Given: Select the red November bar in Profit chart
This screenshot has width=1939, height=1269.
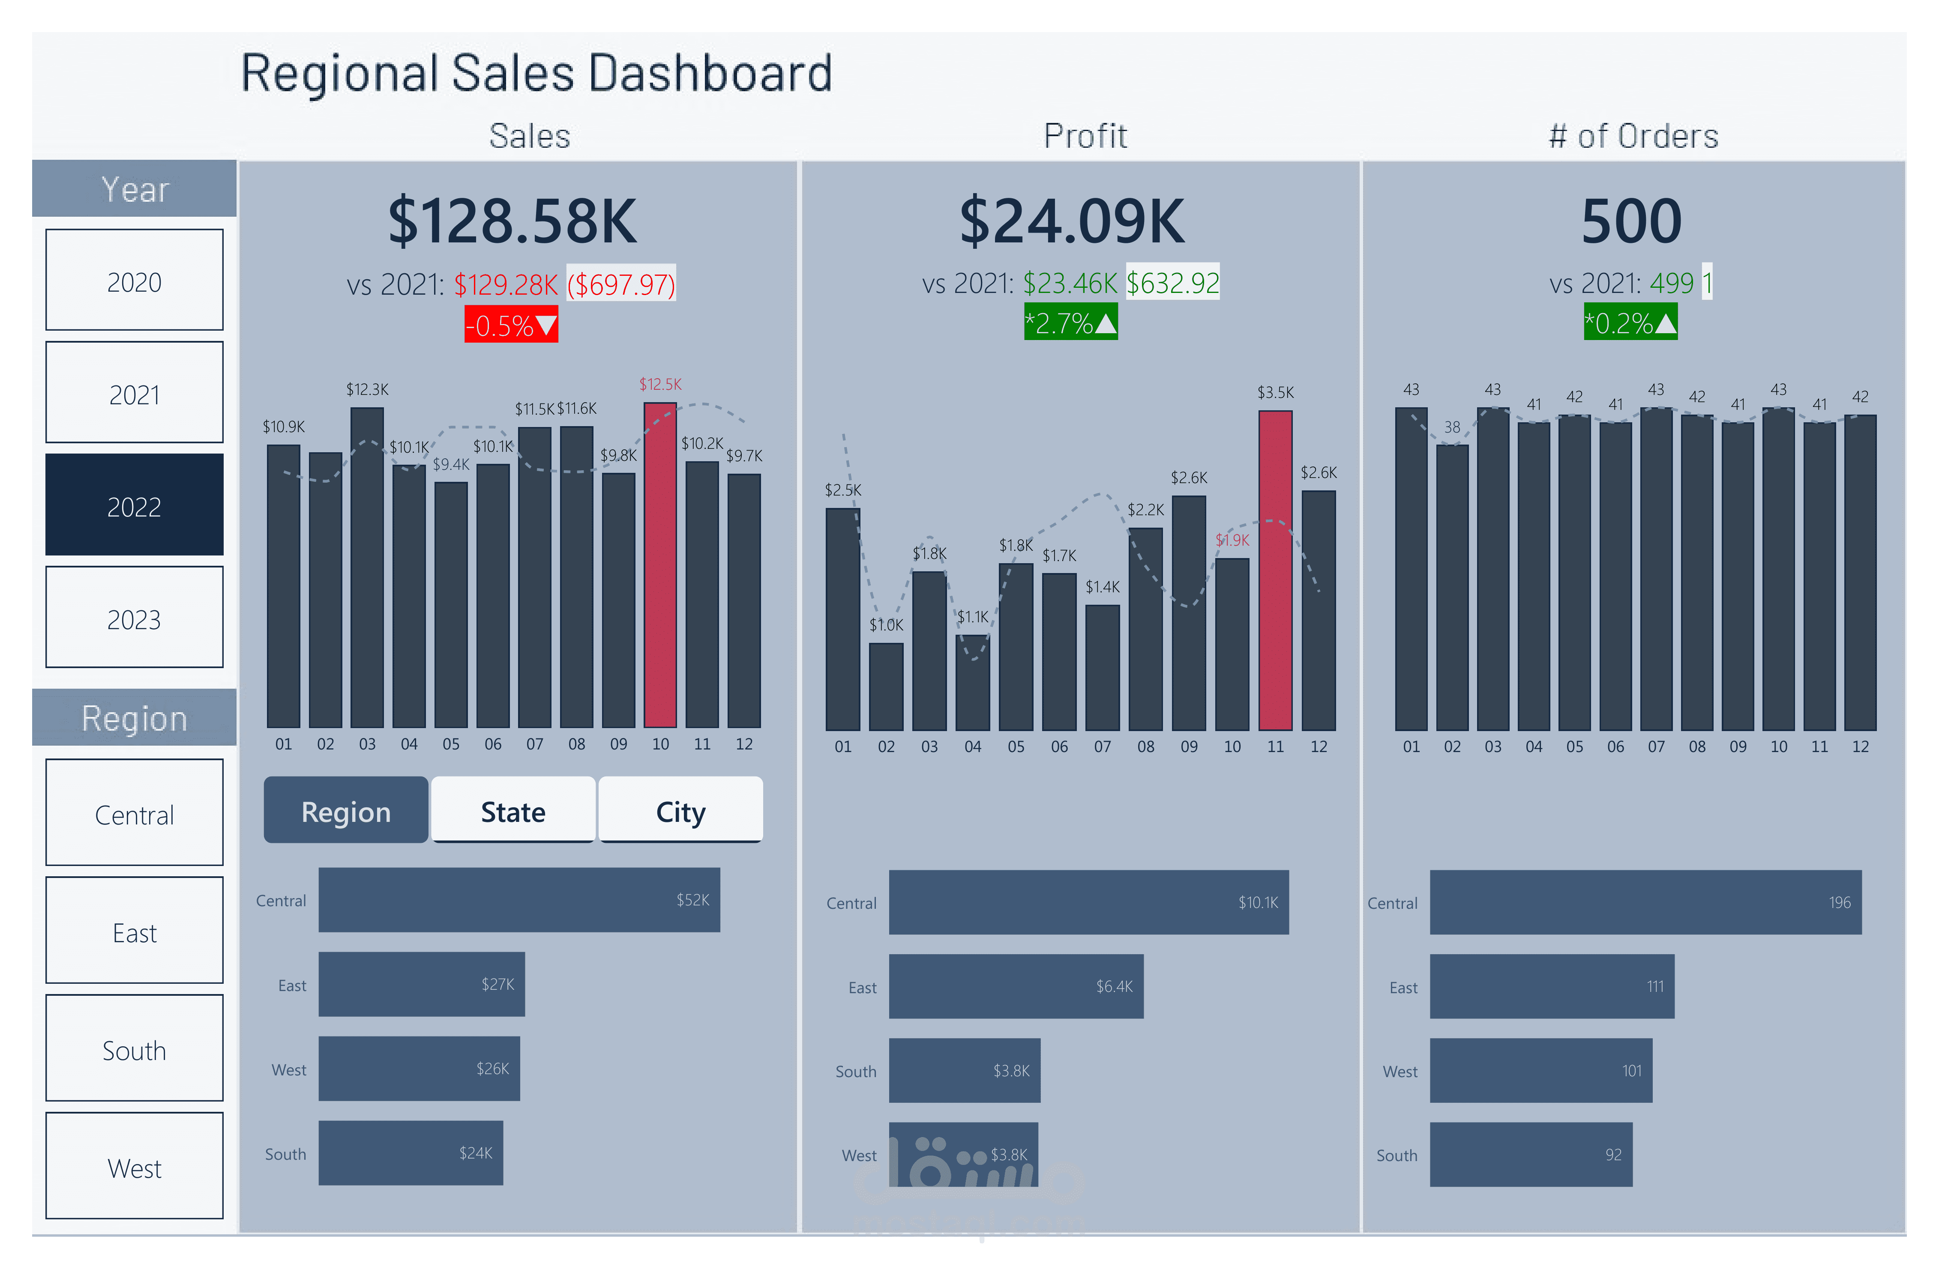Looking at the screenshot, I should tap(1275, 570).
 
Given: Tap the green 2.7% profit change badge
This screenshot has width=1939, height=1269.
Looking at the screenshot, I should tap(1070, 322).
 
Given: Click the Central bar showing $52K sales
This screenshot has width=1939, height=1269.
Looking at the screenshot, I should tap(519, 900).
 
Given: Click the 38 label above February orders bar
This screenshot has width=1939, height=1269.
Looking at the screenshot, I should tap(1452, 427).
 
